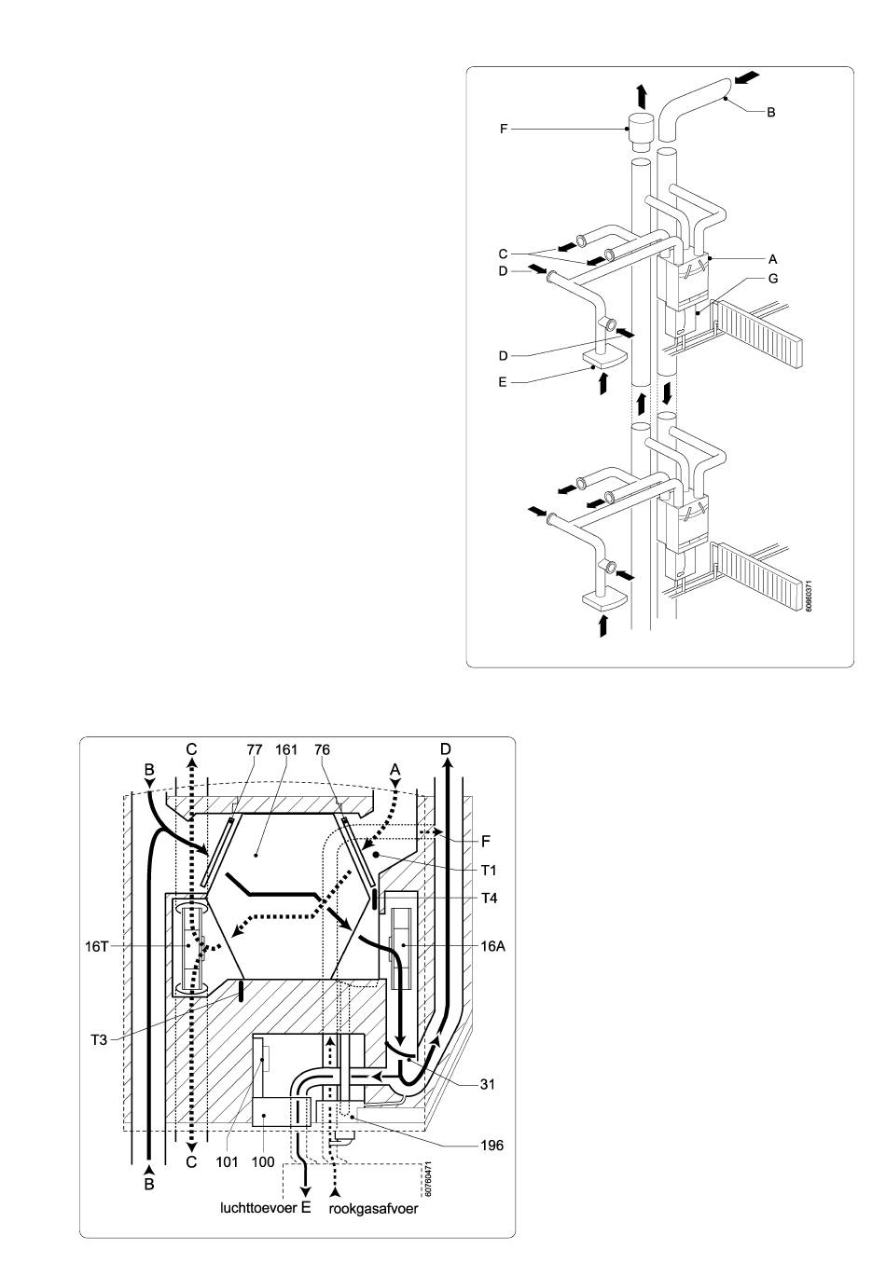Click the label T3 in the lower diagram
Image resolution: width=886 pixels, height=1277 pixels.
click(99, 1039)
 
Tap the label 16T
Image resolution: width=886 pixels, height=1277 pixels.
click(96, 947)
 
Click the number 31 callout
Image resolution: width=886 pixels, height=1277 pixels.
click(487, 1084)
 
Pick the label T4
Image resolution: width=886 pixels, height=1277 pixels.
click(490, 899)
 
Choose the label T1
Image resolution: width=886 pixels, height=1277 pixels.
click(489, 871)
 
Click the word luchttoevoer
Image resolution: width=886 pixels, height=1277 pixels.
click(258, 1207)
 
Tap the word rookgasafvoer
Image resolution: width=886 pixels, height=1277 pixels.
click(374, 1209)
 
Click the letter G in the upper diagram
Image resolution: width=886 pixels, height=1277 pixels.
click(773, 278)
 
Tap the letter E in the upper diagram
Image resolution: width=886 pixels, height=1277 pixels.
click(502, 382)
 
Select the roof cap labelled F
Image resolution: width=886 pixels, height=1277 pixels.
click(642, 132)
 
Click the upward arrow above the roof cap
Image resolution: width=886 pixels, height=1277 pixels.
click(642, 96)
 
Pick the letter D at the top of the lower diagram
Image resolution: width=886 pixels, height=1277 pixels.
click(446, 748)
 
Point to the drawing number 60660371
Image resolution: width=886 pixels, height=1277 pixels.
click(810, 596)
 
